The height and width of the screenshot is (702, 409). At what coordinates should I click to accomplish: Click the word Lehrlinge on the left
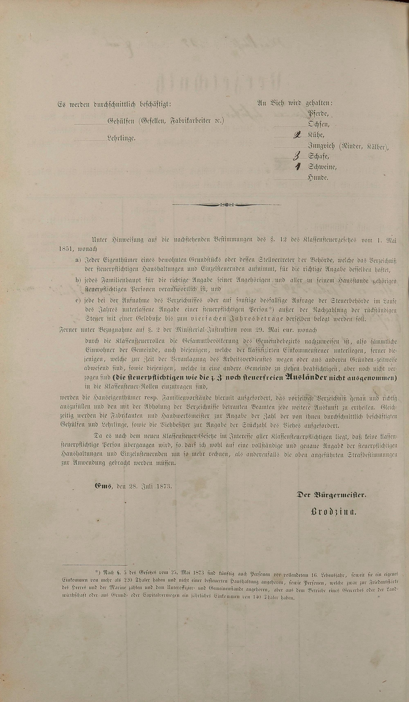pyautogui.click(x=121, y=138)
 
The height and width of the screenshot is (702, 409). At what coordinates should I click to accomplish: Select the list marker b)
pyautogui.click(x=78, y=280)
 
